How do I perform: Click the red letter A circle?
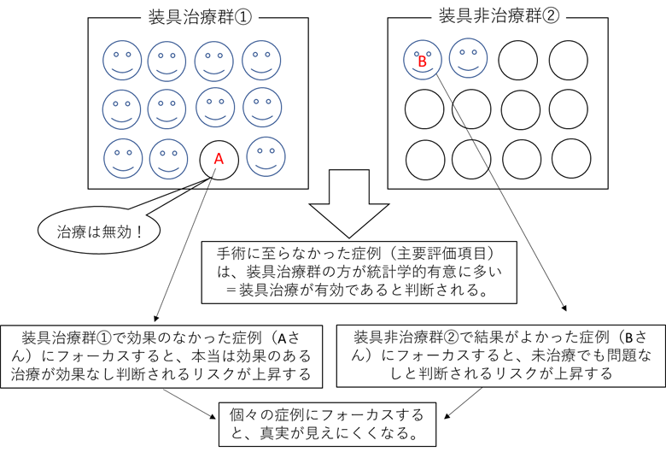(218, 158)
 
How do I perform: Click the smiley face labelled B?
(421, 60)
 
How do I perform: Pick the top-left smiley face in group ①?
(121, 61)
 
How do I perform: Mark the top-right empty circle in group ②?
(568, 59)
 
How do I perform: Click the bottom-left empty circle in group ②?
(424, 157)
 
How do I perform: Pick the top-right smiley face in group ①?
(262, 61)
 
